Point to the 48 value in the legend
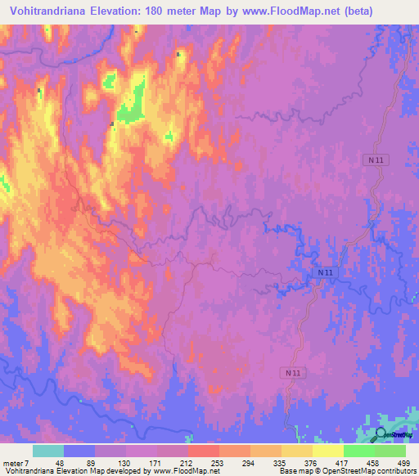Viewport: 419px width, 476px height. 48,462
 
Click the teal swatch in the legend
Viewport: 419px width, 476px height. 47,451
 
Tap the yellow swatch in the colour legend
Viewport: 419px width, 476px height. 327,451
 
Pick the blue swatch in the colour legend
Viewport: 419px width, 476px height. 79,451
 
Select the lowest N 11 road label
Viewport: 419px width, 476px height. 296,372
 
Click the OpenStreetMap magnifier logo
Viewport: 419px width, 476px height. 382,435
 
